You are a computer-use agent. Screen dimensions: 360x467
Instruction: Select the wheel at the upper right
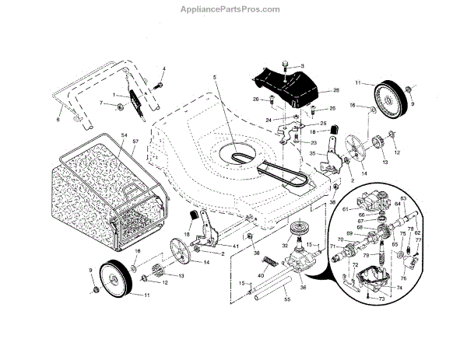point(392,96)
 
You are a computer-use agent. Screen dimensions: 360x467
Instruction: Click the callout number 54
point(123,135)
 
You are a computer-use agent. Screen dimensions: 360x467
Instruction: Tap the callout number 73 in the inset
point(381,299)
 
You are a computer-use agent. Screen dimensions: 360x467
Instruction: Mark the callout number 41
point(236,246)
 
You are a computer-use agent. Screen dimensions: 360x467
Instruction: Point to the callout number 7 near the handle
point(101,102)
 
